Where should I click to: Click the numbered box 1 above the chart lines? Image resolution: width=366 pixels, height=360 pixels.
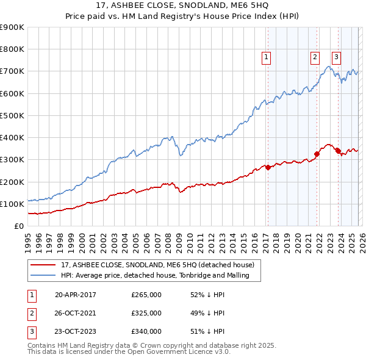(x=267, y=58)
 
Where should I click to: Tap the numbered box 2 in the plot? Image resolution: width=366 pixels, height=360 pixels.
(x=315, y=58)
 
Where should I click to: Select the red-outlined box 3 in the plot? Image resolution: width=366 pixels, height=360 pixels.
(x=336, y=58)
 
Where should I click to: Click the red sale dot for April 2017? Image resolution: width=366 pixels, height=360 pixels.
(x=268, y=167)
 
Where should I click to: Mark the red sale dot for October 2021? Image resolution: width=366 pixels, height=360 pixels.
(x=317, y=154)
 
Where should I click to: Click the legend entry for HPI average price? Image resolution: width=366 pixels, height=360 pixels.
(x=160, y=276)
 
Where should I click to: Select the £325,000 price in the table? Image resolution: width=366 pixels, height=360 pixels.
(x=146, y=313)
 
